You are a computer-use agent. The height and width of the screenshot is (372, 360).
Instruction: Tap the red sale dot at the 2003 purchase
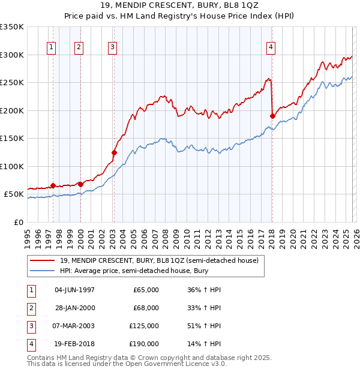(114, 152)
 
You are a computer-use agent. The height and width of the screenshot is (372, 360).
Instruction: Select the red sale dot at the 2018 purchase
(272, 116)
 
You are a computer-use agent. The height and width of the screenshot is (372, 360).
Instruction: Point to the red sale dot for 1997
(53, 185)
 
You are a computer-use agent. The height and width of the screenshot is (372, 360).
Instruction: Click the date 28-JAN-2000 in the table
(74, 308)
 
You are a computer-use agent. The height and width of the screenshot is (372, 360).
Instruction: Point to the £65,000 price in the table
(146, 290)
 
